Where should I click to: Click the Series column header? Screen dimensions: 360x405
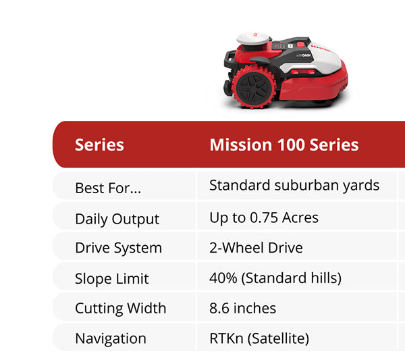point(99,145)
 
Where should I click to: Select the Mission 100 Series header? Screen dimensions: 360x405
point(283,145)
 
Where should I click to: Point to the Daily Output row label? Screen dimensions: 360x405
point(117,219)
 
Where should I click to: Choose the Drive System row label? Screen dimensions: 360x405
point(118,248)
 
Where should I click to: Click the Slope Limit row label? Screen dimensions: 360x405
point(111,278)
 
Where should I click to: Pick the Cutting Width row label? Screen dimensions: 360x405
point(120,309)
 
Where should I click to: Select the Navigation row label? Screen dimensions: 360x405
point(110,338)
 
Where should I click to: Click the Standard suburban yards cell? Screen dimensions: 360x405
point(294,185)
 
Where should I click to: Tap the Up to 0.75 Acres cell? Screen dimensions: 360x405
point(264,217)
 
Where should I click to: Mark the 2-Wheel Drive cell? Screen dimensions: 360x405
point(256,248)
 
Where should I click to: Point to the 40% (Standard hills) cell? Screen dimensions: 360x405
point(275,278)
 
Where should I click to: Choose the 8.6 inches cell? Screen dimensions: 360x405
point(242,308)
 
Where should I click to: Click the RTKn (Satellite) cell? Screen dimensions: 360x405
point(259,338)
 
